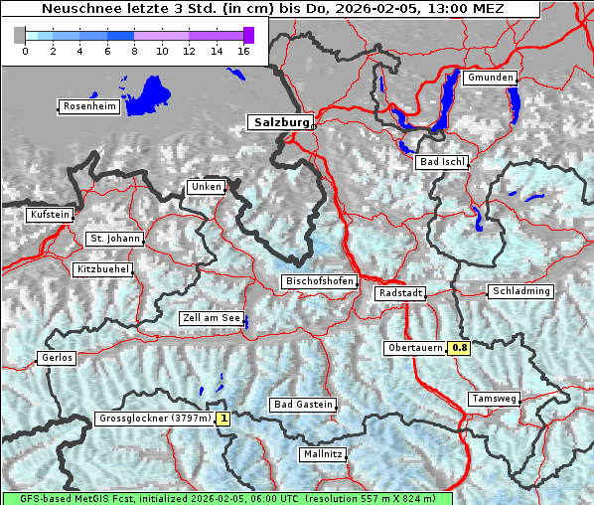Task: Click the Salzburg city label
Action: click(280, 122)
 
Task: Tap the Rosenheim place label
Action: click(89, 106)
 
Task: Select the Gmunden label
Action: click(491, 78)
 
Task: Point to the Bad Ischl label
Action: click(442, 162)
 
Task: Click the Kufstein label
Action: click(50, 215)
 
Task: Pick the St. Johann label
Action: click(115, 239)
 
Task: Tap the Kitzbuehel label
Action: click(103, 269)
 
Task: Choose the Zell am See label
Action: click(212, 318)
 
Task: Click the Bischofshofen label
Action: click(319, 282)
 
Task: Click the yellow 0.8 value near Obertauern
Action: click(460, 348)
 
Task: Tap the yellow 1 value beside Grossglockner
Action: click(223, 419)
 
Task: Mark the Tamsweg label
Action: click(494, 399)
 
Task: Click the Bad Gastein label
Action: click(303, 405)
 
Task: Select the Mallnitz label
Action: click(323, 454)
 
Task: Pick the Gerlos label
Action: click(57, 358)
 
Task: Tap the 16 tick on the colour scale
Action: click(242, 51)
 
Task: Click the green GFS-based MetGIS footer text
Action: click(226, 498)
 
